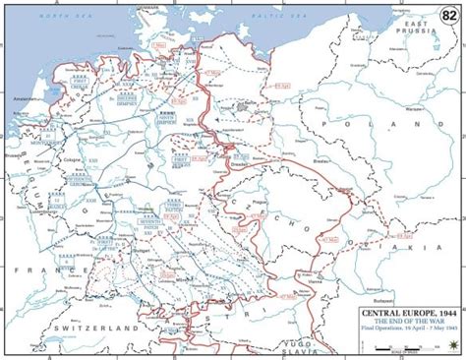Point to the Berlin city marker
point(242,101)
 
